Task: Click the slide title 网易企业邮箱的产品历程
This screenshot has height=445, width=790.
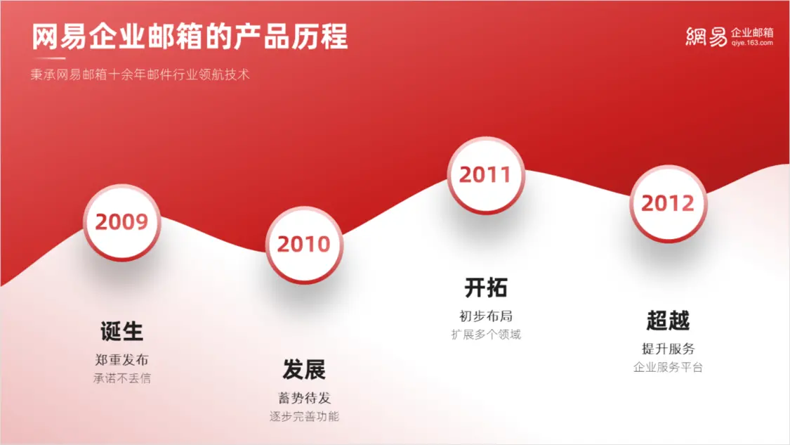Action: (190, 37)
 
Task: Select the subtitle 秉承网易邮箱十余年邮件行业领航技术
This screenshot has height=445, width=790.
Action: (140, 75)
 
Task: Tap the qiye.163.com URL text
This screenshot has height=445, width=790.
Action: (752, 43)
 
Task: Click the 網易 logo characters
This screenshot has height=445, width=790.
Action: (706, 37)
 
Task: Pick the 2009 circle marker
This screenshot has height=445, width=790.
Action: (122, 222)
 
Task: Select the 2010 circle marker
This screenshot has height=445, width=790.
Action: (304, 245)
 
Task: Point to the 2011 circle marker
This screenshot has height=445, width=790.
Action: (486, 175)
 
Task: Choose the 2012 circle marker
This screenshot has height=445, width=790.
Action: (668, 204)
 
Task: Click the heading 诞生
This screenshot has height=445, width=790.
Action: (122, 332)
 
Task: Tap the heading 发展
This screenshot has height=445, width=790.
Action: (304, 370)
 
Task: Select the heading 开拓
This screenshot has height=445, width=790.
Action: (486, 288)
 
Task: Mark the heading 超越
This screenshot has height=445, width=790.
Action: (668, 321)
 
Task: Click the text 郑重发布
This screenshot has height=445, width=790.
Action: (122, 360)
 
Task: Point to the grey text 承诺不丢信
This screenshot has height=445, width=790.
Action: (122, 378)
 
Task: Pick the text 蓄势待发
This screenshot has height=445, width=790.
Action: (304, 398)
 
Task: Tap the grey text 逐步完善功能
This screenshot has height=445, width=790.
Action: (304, 417)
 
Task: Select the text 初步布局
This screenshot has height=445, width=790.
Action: (486, 316)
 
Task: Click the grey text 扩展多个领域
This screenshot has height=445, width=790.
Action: (486, 335)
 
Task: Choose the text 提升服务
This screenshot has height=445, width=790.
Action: (668, 349)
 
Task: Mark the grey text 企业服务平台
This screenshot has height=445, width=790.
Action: (668, 367)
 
